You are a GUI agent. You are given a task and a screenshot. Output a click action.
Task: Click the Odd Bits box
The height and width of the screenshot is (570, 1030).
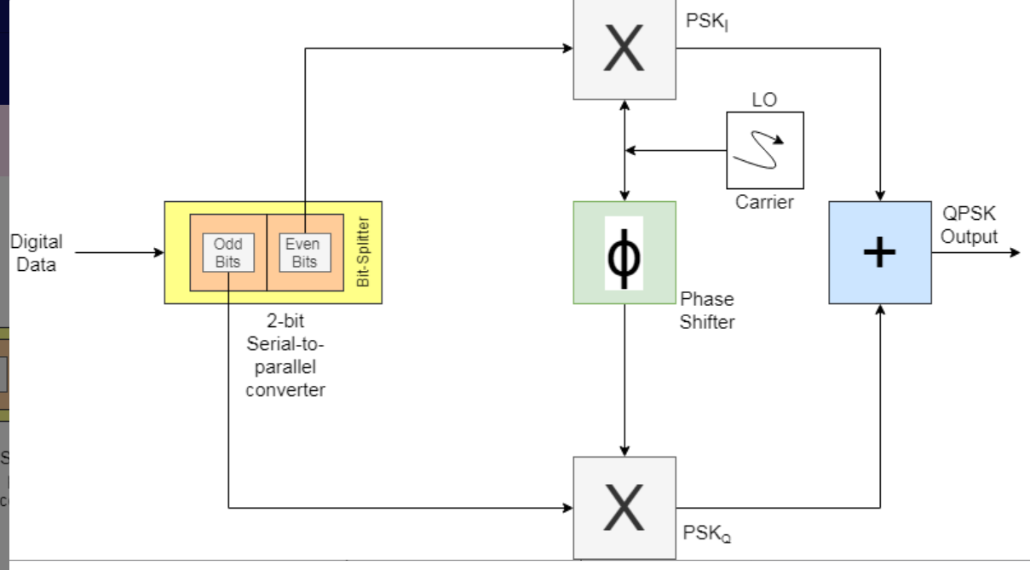[x=227, y=253]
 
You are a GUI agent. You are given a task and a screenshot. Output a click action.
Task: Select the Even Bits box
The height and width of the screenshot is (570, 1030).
[x=303, y=253]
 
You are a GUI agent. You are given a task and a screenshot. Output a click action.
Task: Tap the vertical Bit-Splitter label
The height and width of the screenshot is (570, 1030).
[x=363, y=252]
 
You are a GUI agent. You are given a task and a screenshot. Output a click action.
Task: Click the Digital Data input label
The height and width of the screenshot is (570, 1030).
[x=36, y=253]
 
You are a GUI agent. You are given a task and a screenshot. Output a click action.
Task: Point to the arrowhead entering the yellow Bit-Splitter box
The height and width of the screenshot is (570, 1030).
[x=158, y=253]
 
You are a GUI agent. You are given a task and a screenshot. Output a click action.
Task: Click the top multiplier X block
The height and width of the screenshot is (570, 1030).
[x=624, y=49]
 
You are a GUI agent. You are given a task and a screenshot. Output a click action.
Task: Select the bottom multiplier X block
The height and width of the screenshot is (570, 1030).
[x=624, y=507]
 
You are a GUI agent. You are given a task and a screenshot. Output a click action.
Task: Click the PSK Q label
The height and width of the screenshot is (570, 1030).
[x=706, y=533]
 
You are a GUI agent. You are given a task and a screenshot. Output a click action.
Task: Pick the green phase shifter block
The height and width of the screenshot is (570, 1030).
[x=624, y=252]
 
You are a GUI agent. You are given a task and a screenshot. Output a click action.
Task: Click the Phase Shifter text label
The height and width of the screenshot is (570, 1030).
[x=706, y=310]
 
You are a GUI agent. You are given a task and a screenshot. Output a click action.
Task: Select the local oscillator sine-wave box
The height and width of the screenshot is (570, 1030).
[x=764, y=150]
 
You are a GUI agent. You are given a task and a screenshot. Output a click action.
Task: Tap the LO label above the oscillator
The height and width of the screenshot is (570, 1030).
[x=764, y=100]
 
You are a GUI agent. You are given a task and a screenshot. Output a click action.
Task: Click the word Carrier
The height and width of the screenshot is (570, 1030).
[x=764, y=202]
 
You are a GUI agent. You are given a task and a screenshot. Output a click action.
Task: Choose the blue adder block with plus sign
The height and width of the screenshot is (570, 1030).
[x=879, y=252]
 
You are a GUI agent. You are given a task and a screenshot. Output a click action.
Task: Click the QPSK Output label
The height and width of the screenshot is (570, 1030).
[x=969, y=226]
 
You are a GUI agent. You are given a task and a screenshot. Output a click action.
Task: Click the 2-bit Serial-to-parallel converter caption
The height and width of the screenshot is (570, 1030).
[x=285, y=356]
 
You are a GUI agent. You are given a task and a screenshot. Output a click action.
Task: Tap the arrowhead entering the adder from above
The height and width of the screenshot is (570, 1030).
[x=880, y=195]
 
